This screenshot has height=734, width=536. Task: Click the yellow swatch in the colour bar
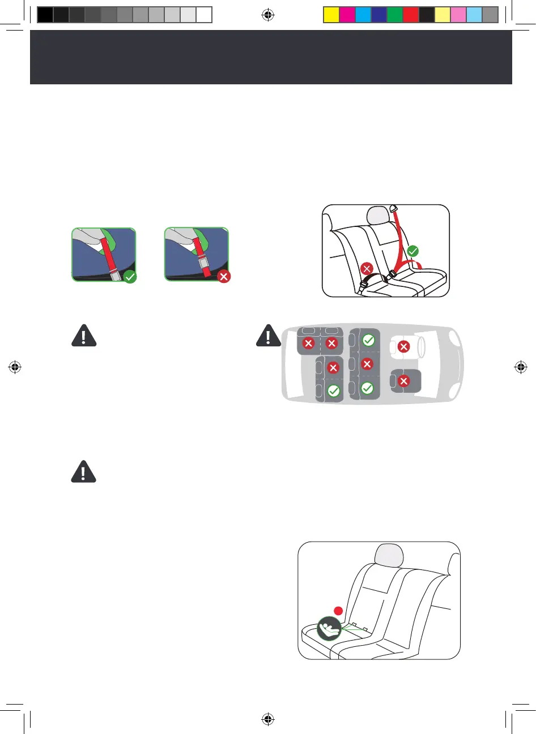pyautogui.click(x=331, y=15)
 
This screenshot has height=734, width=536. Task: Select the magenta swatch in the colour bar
pyautogui.click(x=347, y=15)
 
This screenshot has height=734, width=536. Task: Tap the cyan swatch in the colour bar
pyautogui.click(x=363, y=15)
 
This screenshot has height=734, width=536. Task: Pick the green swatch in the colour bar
pyautogui.click(x=395, y=15)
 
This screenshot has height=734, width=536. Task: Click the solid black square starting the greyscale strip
pyautogui.click(x=45, y=15)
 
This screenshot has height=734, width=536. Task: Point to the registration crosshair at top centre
pyautogui.click(x=268, y=15)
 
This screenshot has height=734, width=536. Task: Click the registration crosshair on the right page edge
pyautogui.click(x=521, y=367)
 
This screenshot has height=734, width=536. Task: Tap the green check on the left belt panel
pyautogui.click(x=130, y=277)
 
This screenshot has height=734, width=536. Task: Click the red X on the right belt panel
pyautogui.click(x=224, y=277)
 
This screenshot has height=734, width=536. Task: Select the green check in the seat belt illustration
pyautogui.click(x=413, y=250)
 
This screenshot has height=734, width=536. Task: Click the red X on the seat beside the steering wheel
pyautogui.click(x=403, y=346)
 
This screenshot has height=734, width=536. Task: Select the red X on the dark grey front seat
pyautogui.click(x=403, y=381)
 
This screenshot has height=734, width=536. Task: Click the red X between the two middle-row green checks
pyautogui.click(x=367, y=364)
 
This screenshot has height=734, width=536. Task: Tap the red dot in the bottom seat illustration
pyautogui.click(x=338, y=611)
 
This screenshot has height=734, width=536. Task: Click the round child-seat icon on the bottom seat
pyautogui.click(x=329, y=628)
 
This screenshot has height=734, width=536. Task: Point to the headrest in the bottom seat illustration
pyautogui.click(x=388, y=555)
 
